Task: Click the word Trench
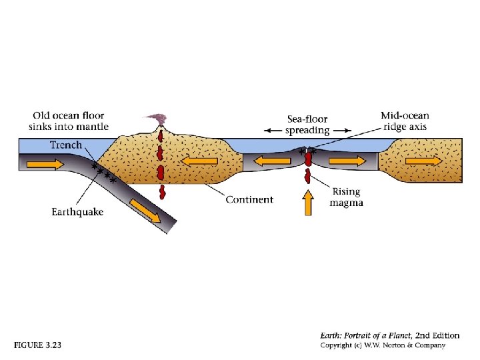[x=66, y=145]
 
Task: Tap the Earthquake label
[x=77, y=212]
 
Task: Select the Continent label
[x=249, y=199]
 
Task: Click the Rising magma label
[x=346, y=197]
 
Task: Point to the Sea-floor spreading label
[x=307, y=125]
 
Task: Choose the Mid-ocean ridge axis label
[x=405, y=121]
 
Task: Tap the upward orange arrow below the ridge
[x=308, y=203]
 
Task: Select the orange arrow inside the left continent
[x=200, y=161]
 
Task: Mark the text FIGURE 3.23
[x=37, y=345]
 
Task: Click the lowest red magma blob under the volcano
[x=161, y=193]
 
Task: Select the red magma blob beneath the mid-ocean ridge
[x=307, y=176]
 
